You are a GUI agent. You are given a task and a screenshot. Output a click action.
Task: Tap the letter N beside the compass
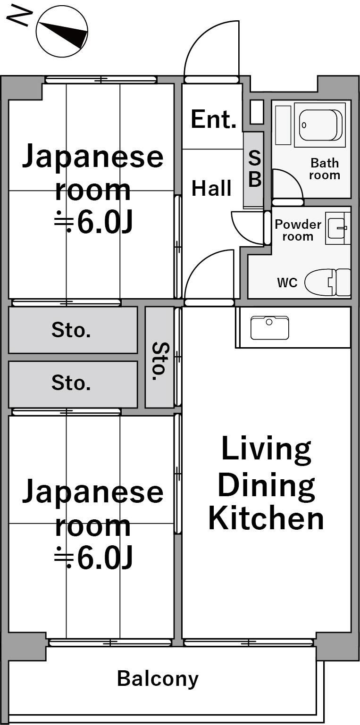pos(20,17)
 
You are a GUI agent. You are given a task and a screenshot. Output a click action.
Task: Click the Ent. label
pos(213,119)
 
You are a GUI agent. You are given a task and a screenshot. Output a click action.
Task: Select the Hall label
pos(212,188)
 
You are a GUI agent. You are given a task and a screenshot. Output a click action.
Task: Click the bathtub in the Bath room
pos(320,125)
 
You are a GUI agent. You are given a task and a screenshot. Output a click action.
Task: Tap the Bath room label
pos(325,169)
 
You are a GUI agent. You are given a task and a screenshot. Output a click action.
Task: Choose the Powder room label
pos(298,230)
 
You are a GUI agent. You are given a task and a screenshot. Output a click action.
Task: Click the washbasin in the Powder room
pos(337,228)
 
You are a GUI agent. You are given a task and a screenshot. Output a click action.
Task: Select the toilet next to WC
pos(328,283)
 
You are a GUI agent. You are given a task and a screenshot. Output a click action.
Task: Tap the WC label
pos(287,283)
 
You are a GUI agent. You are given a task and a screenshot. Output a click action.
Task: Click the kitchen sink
pos(270,328)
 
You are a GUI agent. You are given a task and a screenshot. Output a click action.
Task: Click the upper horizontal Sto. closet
pos(73,330)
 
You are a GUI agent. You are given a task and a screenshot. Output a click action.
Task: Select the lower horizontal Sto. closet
pos(73,384)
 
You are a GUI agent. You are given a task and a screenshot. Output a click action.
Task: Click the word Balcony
pos(158,679)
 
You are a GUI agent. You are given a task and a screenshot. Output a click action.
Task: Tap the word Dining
pos(266,485)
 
